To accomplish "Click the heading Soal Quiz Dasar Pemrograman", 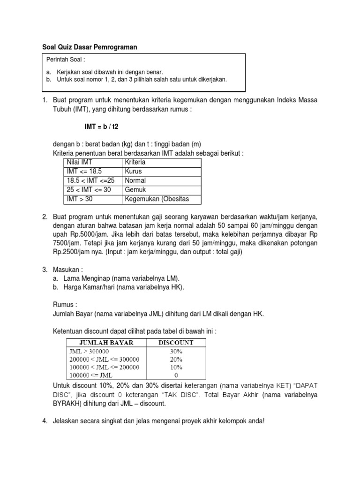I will pyautogui.click(x=88, y=47).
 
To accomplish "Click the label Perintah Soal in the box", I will pyautogui.click(x=66, y=60).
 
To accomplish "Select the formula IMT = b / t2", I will pyautogui.click(x=101, y=127).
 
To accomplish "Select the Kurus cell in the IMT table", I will pyautogui.click(x=133, y=172).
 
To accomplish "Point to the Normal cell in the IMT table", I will pyautogui.click(x=135, y=181).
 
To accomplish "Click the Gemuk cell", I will pyautogui.click(x=135, y=190).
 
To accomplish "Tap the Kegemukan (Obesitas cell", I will pyautogui.click(x=157, y=200).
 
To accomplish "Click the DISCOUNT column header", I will pyautogui.click(x=176, y=343).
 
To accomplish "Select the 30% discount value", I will pyautogui.click(x=176, y=351).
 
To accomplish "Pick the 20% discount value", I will pyautogui.click(x=176, y=359).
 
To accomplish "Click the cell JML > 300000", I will pyautogui.click(x=92, y=351).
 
